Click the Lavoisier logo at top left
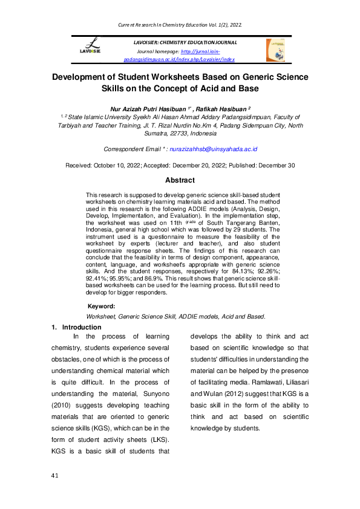click(x=94, y=47)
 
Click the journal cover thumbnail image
click(x=275, y=50)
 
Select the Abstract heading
click(x=180, y=180)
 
